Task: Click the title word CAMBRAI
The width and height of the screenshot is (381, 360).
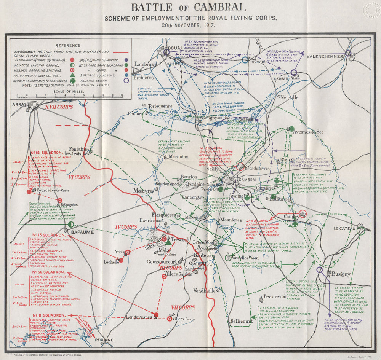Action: pos(215,7)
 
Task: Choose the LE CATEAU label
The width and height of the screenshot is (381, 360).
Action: pos(344,228)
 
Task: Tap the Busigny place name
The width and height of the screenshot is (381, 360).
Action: pos(340,274)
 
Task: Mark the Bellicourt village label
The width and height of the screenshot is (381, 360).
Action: pos(241,321)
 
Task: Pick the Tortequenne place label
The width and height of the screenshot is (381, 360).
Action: pos(160,106)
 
